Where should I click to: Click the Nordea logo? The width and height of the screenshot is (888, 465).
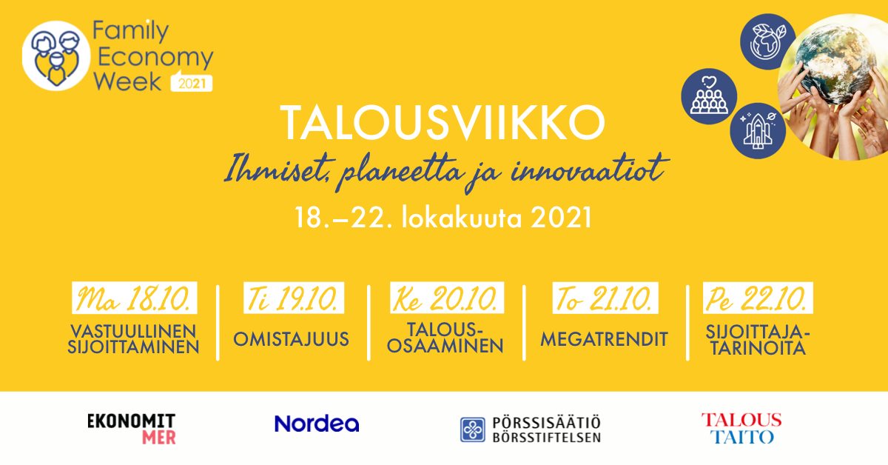[317, 424]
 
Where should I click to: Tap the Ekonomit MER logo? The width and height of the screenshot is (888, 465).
[131, 429]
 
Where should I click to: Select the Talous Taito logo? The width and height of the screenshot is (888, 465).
[741, 429]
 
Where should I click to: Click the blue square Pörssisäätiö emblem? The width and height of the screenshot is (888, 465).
[473, 429]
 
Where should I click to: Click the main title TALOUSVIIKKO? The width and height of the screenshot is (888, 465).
[443, 123]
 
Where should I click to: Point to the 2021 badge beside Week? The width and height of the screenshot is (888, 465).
[192, 82]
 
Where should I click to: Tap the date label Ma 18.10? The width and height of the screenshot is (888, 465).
[135, 298]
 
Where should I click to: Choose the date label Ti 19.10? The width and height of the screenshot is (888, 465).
[294, 298]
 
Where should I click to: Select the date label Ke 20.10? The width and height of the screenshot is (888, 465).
[447, 298]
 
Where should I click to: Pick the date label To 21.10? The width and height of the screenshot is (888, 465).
[605, 298]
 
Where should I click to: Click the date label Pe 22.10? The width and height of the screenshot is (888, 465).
[758, 298]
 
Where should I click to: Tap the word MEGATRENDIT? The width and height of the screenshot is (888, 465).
[604, 339]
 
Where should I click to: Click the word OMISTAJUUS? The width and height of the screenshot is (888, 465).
[291, 339]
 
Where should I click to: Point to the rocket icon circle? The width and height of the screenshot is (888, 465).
[758, 131]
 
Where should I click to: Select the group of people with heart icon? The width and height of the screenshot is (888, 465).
[709, 96]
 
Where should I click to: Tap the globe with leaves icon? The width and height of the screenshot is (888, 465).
[768, 41]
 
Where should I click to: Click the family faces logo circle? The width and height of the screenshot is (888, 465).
[56, 56]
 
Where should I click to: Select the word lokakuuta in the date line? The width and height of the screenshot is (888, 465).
[462, 218]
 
